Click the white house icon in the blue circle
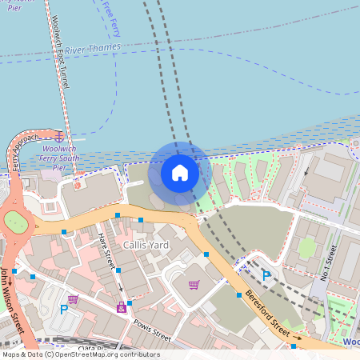[x=180, y=172]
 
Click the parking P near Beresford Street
[x=266, y=275]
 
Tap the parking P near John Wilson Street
[x=64, y=309]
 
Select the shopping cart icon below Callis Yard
[x=194, y=284]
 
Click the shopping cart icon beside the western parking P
[x=74, y=299]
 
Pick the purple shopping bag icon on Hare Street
[x=122, y=306]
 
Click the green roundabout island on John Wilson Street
[x=14, y=221]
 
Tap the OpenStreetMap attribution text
[x=80, y=354]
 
